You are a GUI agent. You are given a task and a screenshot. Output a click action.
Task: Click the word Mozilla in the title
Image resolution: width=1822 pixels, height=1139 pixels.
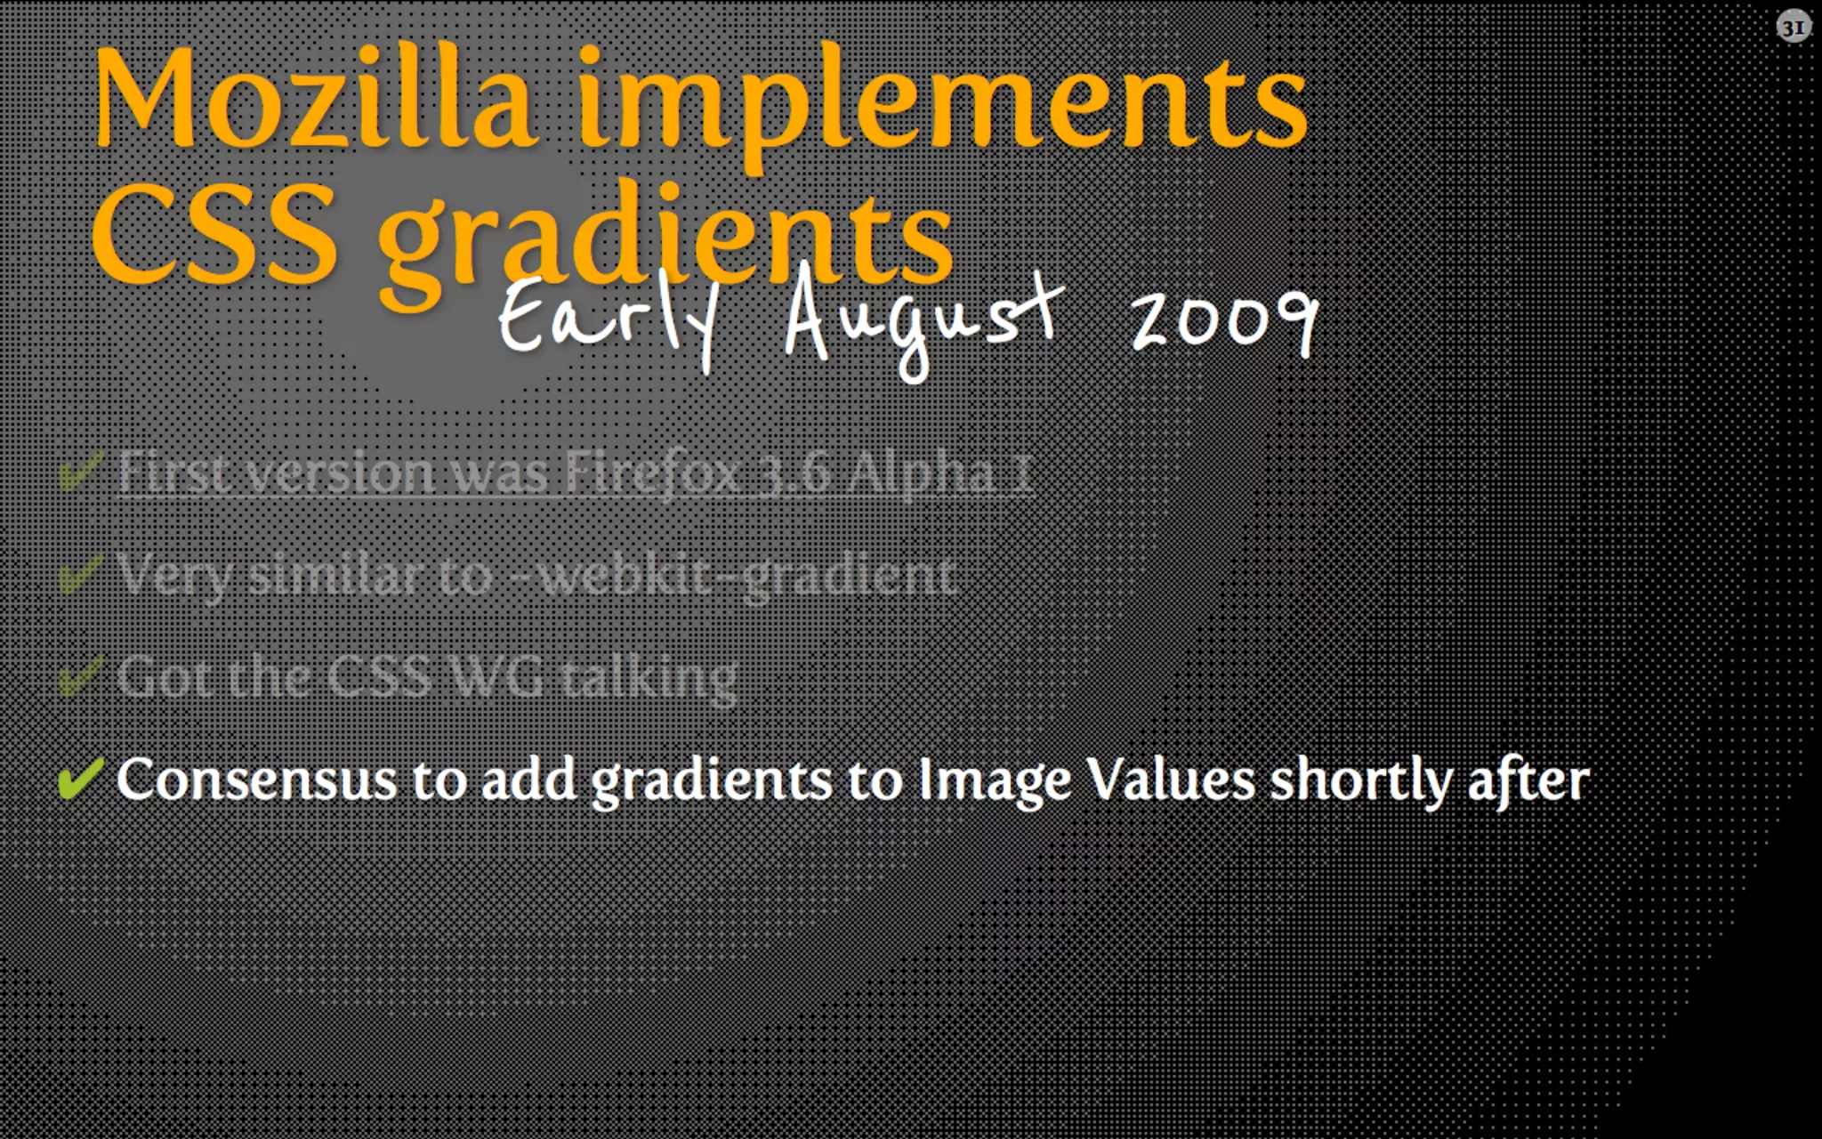click(x=316, y=100)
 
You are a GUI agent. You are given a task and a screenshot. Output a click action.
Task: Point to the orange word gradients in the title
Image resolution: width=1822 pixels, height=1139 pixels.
click(x=667, y=238)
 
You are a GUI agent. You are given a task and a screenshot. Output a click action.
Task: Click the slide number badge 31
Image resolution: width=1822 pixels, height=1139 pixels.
click(x=1794, y=28)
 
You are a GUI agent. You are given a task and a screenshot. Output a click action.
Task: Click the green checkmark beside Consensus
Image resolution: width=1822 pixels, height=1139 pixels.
click(x=80, y=780)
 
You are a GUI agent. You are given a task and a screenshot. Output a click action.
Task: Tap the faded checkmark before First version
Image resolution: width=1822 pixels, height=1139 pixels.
click(x=80, y=472)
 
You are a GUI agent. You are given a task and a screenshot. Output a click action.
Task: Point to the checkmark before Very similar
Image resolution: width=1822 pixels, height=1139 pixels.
click(x=80, y=574)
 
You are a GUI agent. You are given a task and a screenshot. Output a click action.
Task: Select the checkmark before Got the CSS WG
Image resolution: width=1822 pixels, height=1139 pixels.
click(x=80, y=677)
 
